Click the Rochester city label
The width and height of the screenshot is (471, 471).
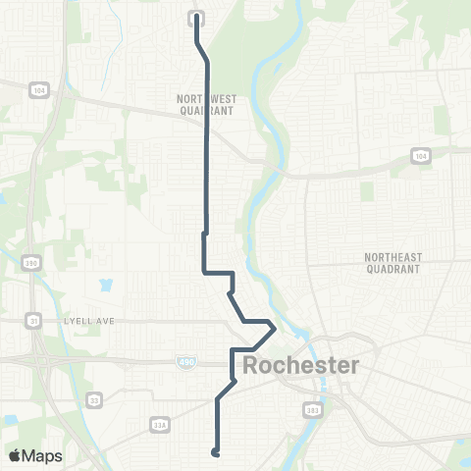coord(300,367)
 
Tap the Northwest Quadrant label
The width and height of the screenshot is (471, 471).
coord(205,105)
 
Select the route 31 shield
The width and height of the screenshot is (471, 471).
coord(32,320)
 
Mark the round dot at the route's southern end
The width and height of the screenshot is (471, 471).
coord(214,452)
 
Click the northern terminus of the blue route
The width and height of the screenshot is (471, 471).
coord(196,16)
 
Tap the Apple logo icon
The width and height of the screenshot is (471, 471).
coord(15,455)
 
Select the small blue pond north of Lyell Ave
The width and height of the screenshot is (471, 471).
coord(105,287)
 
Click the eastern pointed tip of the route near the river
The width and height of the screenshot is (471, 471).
coord(274,329)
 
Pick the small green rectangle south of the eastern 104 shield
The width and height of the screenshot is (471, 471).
coord(368,190)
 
